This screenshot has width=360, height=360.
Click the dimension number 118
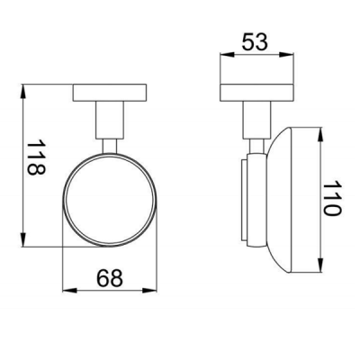click(36, 157)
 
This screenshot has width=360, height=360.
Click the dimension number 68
click(110, 277)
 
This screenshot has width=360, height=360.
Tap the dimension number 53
click(255, 41)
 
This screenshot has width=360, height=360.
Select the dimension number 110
click(332, 198)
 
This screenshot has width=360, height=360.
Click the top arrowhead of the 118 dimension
click(23, 93)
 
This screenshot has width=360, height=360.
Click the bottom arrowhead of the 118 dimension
click(23, 239)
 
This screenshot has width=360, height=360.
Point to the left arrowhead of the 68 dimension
click(69, 291)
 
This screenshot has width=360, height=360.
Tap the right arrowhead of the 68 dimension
click(149, 291)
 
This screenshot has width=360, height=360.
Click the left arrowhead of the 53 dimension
click(227, 54)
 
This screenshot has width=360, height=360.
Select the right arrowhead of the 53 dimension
click(286, 54)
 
